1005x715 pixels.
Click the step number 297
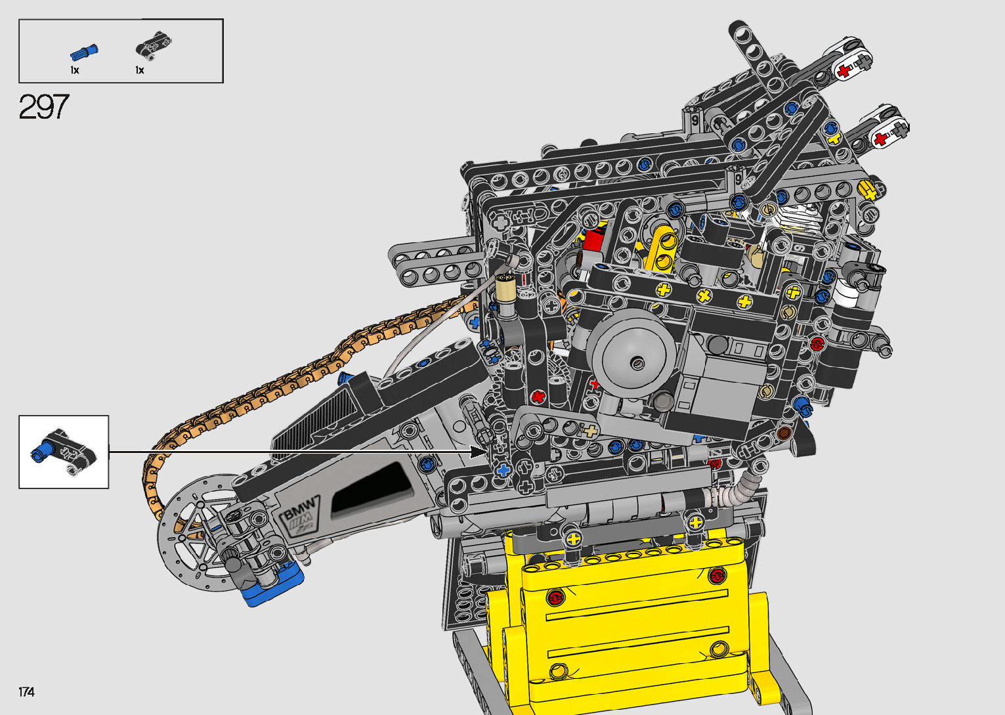click(x=44, y=107)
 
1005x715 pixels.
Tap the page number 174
click(x=26, y=691)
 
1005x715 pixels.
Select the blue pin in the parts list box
click(x=84, y=53)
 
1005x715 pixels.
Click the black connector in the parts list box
click(x=154, y=45)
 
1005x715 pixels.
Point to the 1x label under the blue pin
click(x=74, y=70)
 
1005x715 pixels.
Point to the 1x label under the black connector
click(x=140, y=70)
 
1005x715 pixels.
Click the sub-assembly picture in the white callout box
click(x=63, y=451)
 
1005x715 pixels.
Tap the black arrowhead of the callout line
click(x=479, y=452)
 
